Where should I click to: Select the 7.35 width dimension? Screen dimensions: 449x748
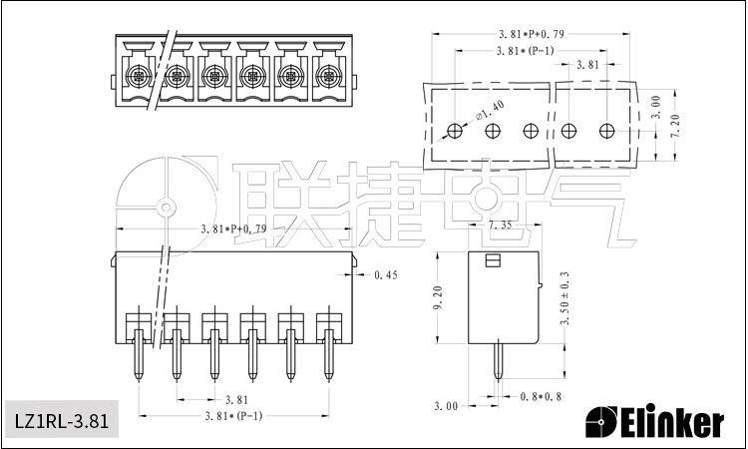coord(501,226)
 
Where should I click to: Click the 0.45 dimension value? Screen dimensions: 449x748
coord(385,274)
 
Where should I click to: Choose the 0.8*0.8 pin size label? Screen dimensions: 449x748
coord(542,396)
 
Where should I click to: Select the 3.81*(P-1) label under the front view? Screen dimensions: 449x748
coord(232,416)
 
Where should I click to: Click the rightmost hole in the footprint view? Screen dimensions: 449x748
coord(607,131)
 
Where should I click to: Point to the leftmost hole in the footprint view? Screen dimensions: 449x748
coord(455,131)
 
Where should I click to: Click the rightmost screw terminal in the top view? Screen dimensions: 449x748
coord(327,75)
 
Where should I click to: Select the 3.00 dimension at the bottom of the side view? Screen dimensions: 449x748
coord(446,406)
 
